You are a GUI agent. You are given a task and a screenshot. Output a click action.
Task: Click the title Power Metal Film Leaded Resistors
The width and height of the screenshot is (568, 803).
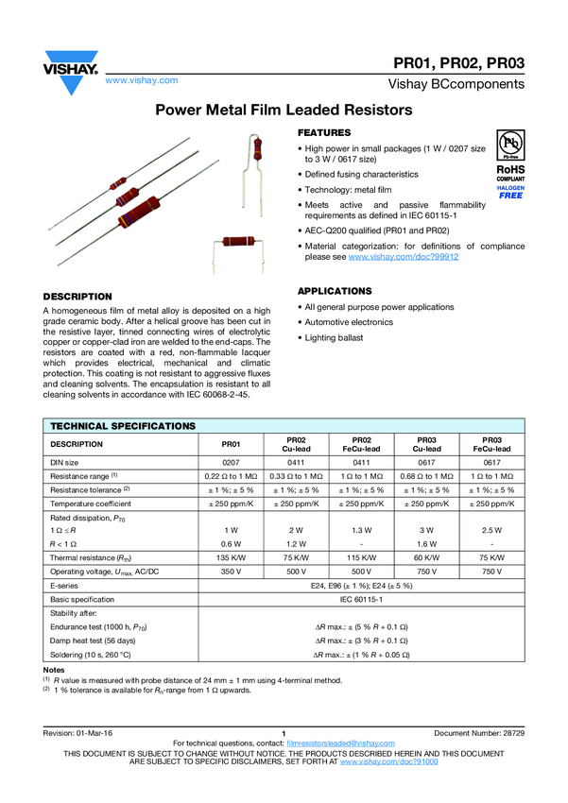[284, 111]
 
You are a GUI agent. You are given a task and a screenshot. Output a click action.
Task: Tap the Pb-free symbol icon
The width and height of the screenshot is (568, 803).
[510, 145]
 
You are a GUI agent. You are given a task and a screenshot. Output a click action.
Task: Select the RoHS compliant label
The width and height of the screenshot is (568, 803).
[510, 173]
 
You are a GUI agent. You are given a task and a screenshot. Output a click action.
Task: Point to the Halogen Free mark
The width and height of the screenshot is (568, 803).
[510, 192]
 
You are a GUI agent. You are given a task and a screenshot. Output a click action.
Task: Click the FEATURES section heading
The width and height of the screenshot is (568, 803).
[324, 132]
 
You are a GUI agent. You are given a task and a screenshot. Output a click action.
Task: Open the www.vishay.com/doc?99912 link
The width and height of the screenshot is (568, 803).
[404, 257]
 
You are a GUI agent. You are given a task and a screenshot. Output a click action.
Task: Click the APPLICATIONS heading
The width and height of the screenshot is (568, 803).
[335, 291]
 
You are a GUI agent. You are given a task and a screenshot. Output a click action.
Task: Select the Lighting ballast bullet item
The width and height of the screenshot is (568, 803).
[334, 337]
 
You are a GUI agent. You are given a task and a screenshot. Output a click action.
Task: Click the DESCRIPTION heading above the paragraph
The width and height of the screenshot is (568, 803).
[77, 297]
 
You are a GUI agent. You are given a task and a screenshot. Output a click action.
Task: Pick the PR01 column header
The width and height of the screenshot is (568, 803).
[232, 443]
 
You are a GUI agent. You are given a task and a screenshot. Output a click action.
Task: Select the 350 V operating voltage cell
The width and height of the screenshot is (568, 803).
[232, 572]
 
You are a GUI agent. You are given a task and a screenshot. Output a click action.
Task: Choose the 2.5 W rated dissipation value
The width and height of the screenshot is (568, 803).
[491, 531]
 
